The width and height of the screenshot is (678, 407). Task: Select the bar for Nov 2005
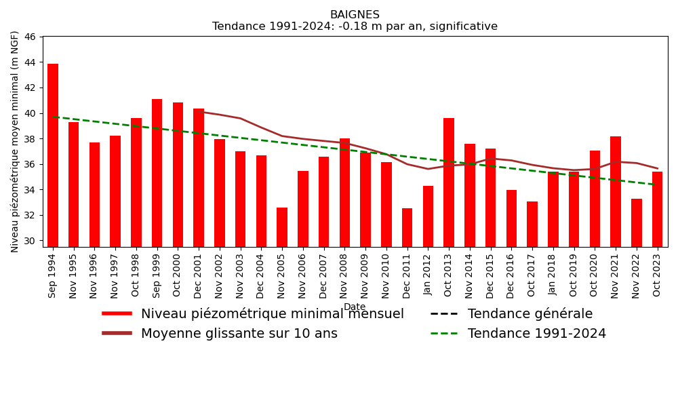282,227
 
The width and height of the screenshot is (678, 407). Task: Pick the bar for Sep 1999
157,173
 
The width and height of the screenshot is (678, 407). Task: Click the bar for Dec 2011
407,227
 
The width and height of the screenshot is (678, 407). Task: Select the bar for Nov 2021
616,191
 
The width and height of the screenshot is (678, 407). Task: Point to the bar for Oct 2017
532,224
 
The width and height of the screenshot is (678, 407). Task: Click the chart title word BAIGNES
355,15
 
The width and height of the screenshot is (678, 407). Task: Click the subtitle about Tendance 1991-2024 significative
355,27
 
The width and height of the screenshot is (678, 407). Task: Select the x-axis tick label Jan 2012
428,275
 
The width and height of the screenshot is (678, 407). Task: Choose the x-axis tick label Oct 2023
657,274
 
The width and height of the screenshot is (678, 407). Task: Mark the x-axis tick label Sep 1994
53,275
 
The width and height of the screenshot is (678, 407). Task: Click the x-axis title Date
355,307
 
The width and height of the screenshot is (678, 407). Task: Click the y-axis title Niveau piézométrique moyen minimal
15,141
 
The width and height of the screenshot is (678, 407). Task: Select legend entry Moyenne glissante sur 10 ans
239,334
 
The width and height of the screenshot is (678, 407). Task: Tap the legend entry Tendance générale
530,314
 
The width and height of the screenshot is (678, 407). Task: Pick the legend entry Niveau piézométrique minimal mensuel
272,314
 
